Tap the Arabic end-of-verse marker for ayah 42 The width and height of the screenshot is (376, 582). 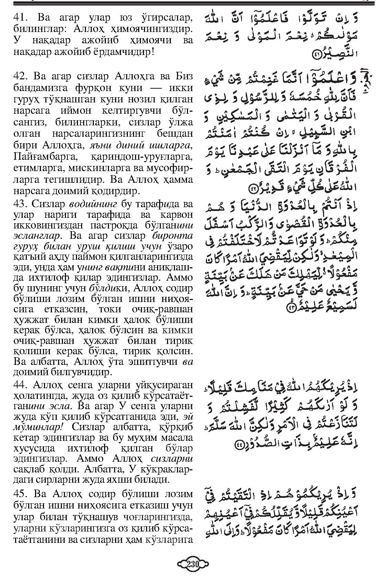(x=253, y=188)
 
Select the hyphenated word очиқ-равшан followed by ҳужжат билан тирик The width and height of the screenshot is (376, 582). (x=43, y=341)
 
